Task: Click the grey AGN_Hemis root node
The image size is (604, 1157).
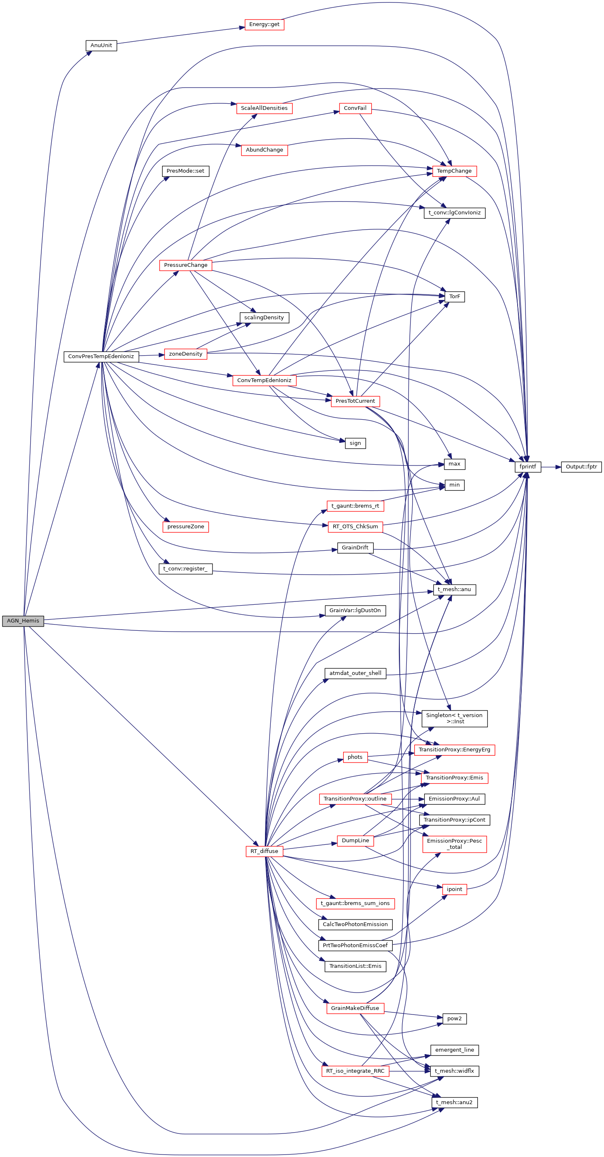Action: pyautogui.click(x=23, y=621)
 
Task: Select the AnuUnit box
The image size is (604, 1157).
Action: pyautogui.click(x=101, y=45)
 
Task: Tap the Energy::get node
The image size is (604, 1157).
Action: pyautogui.click(x=264, y=24)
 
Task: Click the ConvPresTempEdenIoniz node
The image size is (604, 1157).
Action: pyautogui.click(x=101, y=356)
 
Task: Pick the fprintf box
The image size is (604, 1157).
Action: pyautogui.click(x=528, y=467)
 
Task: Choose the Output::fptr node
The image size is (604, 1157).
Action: pyautogui.click(x=581, y=467)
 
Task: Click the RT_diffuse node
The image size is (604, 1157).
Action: pyautogui.click(x=264, y=851)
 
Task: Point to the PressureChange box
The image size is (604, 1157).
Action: pyautogui.click(x=186, y=265)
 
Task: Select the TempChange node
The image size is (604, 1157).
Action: pyautogui.click(x=454, y=171)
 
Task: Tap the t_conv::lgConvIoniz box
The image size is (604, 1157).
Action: pyautogui.click(x=454, y=213)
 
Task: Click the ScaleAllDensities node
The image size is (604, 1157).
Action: pyautogui.click(x=264, y=108)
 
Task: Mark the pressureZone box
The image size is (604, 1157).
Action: pyautogui.click(x=186, y=526)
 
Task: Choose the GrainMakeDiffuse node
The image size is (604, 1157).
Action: pyautogui.click(x=355, y=1008)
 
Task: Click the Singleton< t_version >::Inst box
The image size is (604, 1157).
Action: pyautogui.click(x=454, y=718)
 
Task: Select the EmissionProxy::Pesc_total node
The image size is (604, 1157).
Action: pyautogui.click(x=454, y=843)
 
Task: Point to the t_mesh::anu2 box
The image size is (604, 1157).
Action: pyautogui.click(x=454, y=1102)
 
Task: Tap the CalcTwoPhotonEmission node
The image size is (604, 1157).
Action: pyautogui.click(x=355, y=924)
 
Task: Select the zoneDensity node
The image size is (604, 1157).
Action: pyautogui.click(x=186, y=354)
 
